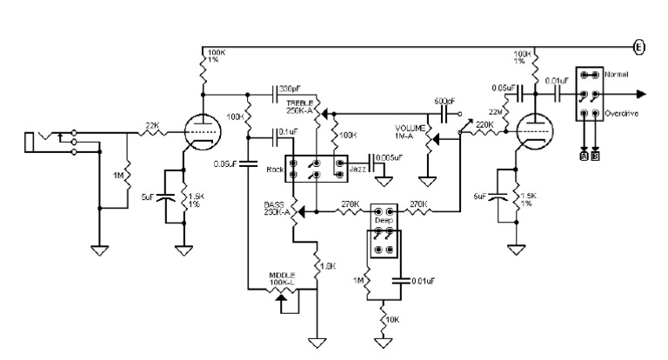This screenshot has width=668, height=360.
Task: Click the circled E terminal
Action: [639, 47]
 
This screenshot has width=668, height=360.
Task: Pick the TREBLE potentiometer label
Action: [300, 105]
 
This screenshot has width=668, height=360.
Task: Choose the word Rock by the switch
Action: [277, 170]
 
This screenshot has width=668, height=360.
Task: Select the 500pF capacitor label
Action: [444, 101]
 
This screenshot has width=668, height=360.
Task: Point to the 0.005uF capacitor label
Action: [387, 157]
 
